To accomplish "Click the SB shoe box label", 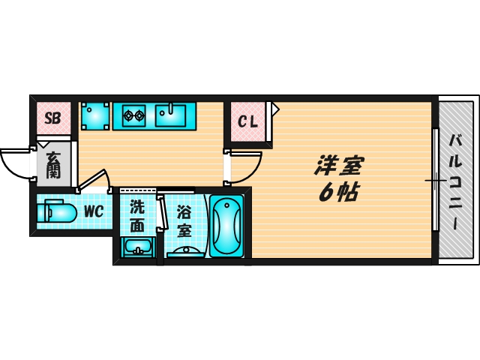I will click(52, 118).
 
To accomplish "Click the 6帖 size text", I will click(337, 193).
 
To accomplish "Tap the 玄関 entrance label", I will click(53, 166).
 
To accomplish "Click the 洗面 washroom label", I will click(137, 215).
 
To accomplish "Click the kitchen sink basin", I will click(173, 115).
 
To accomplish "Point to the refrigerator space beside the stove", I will click(94, 115).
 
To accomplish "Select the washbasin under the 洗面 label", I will click(136, 246).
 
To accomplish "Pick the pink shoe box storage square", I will click(52, 118).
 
